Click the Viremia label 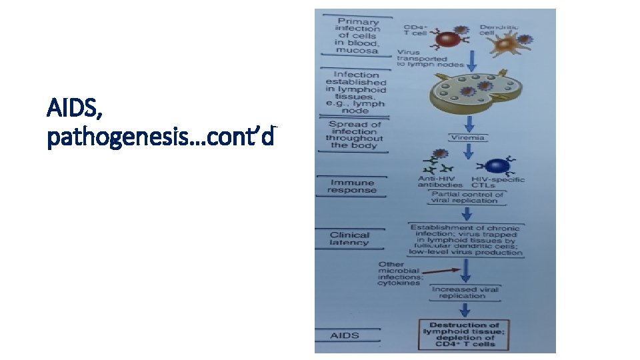tap(470, 138)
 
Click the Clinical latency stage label tap(349, 239)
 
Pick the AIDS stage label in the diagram tap(345, 335)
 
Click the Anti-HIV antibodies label tap(439, 182)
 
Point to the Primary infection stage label tap(357, 35)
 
